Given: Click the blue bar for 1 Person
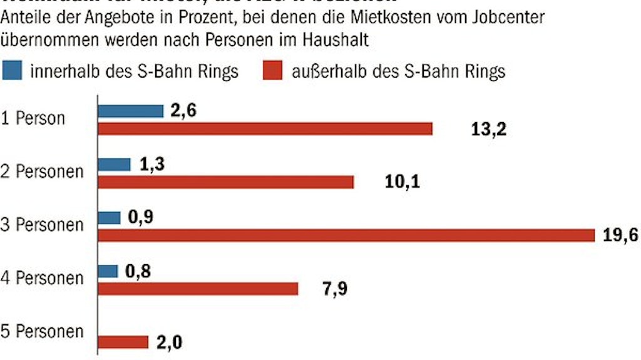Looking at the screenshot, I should [130, 111].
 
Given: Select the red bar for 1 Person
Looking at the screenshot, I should [265, 128].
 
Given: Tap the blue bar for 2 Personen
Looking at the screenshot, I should [115, 164].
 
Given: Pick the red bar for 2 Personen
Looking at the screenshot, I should [226, 182].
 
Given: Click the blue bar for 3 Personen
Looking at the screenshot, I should [110, 217].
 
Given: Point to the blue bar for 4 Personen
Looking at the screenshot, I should [108, 271].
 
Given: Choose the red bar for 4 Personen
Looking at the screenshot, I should [198, 289].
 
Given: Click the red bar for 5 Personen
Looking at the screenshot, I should [123, 342].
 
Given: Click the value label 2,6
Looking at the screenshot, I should [182, 111].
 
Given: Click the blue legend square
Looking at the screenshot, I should [12, 70].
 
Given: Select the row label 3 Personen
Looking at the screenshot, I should [42, 225].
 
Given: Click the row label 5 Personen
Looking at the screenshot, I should [42, 331].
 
